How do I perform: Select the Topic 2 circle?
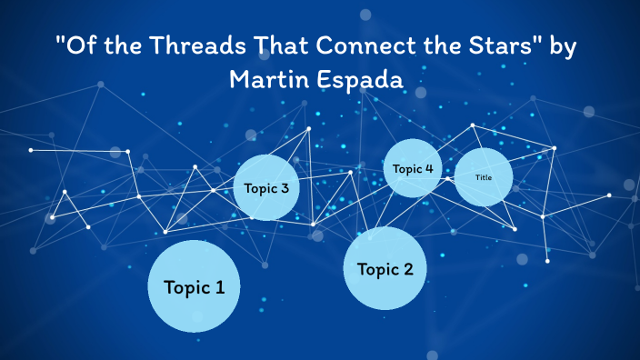pos(385,268)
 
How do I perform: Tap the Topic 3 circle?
pos(266,188)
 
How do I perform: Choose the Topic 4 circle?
pos(414,168)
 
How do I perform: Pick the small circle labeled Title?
pos(483,177)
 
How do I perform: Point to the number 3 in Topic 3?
pos(285,189)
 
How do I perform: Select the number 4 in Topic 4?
pos(428,168)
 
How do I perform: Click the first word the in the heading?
pos(117,48)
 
